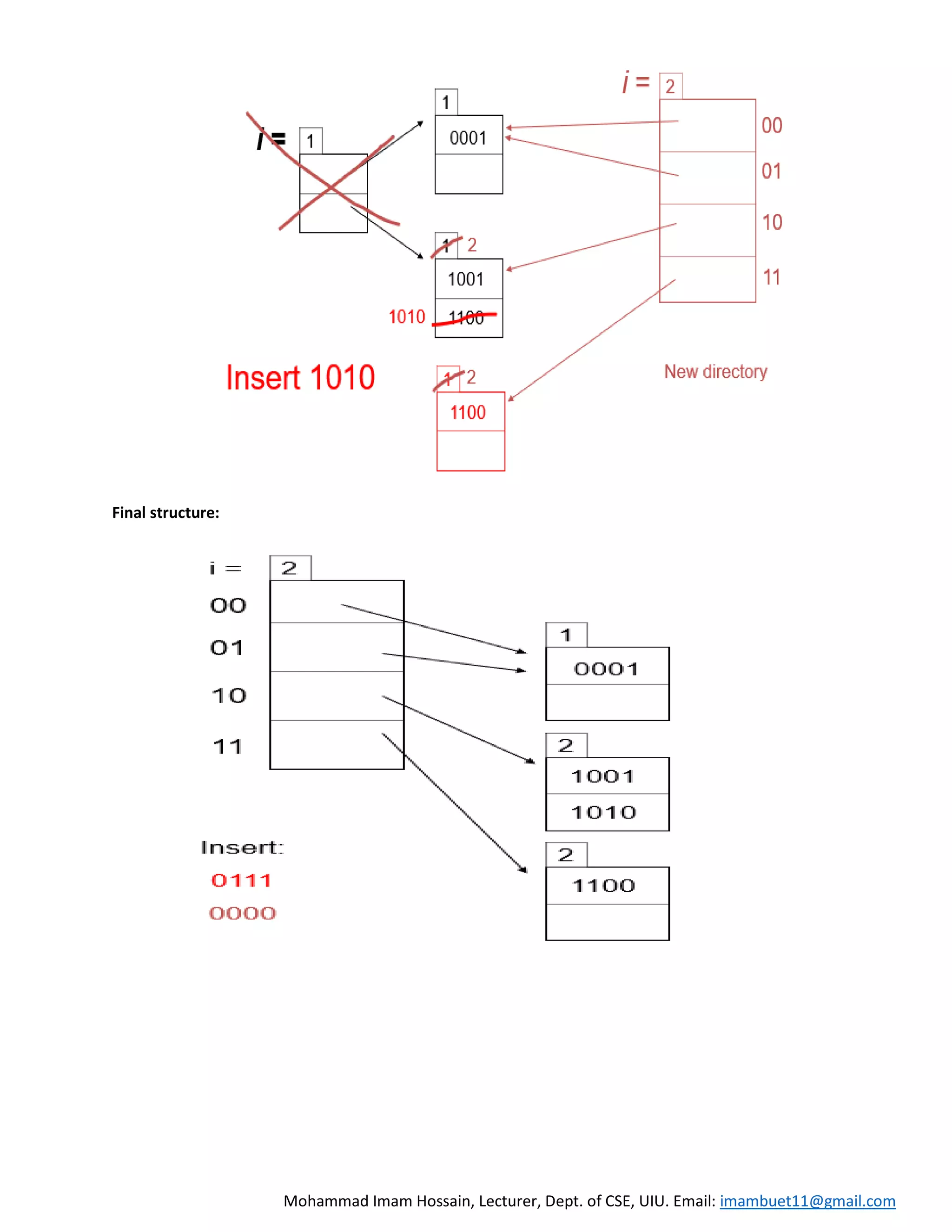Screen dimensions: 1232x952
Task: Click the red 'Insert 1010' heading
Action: (x=300, y=378)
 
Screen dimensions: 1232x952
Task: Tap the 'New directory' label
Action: (x=715, y=372)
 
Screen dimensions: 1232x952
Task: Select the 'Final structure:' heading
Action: (x=165, y=512)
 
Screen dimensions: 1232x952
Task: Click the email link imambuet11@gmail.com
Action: (x=807, y=1200)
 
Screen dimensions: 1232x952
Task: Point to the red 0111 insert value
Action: (x=241, y=880)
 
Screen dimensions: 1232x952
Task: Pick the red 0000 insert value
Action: (x=243, y=913)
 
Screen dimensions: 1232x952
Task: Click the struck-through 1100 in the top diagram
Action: (x=466, y=318)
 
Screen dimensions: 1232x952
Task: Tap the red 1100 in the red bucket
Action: (x=468, y=412)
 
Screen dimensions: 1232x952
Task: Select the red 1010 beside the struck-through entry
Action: (x=407, y=317)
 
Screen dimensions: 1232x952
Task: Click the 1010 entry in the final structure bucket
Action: (x=603, y=812)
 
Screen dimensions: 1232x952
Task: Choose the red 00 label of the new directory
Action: (x=772, y=125)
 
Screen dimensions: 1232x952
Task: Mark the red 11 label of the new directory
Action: (x=772, y=277)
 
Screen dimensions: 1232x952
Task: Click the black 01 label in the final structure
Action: (x=227, y=648)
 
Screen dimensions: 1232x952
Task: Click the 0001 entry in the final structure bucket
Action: (x=606, y=669)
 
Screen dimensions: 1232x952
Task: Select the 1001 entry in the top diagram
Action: (x=466, y=279)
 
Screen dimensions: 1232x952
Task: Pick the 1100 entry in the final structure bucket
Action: (x=603, y=886)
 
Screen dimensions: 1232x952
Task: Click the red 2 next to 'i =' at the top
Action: (x=670, y=86)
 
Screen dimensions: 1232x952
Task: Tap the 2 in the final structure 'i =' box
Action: (x=289, y=568)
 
